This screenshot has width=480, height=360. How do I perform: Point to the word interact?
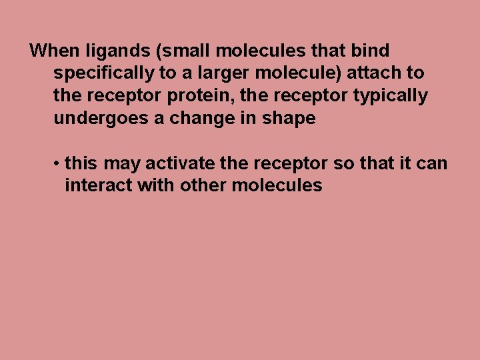coord(99,185)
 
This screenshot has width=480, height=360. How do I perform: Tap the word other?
coord(203,185)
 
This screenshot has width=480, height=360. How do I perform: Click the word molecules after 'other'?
coord(277,185)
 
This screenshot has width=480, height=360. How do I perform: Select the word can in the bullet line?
coord(434,163)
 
